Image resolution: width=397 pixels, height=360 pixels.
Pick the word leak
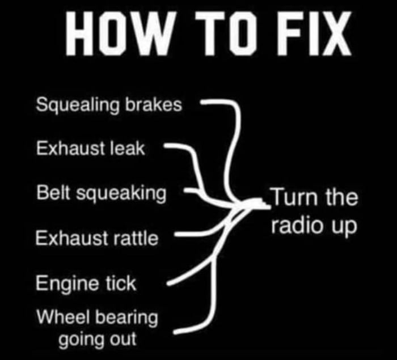pyautogui.click(x=129, y=150)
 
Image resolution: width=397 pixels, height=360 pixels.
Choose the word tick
pyautogui.click(x=121, y=282)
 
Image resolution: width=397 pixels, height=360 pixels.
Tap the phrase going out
pyautogui.click(x=96, y=340)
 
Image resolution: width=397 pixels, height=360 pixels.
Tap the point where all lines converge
pyautogui.click(x=255, y=205)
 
